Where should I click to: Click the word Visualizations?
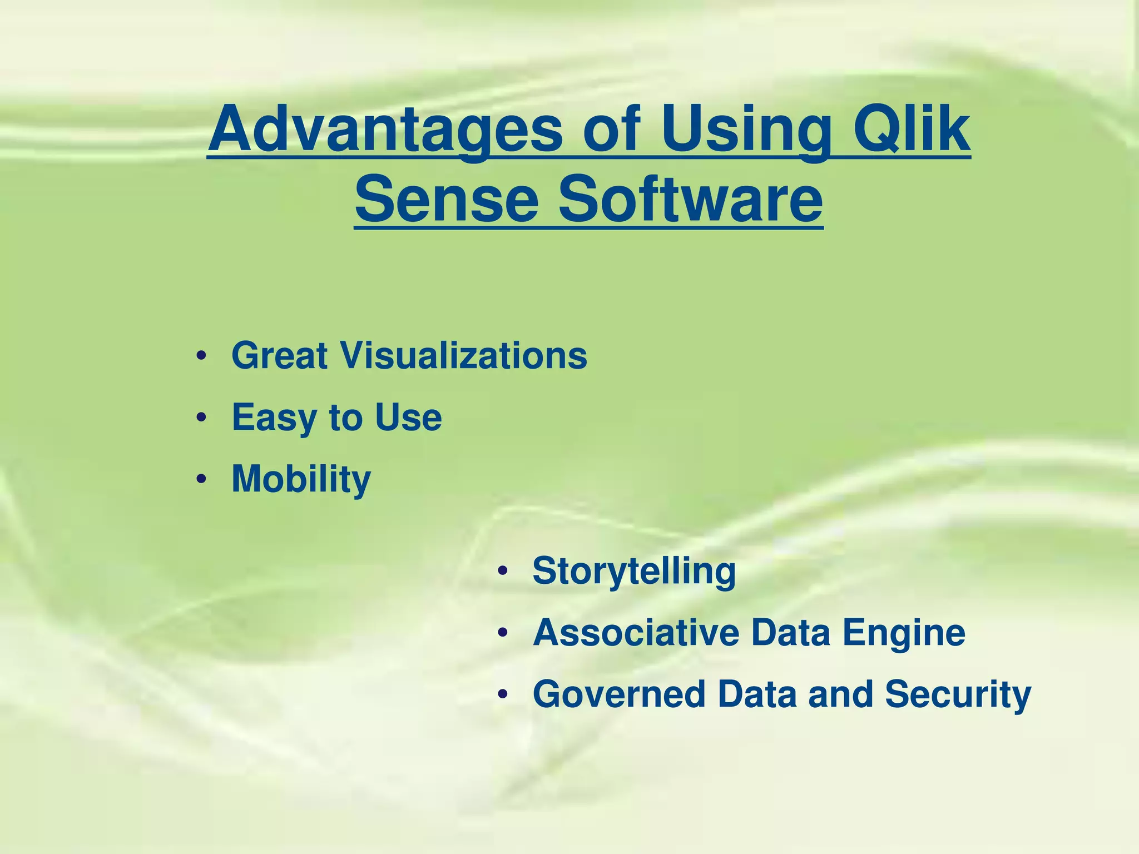click(x=464, y=355)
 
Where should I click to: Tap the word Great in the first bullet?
click(x=280, y=355)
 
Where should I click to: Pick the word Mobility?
click(x=301, y=479)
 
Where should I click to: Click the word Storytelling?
click(x=634, y=572)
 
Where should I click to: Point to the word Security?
click(x=958, y=695)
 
